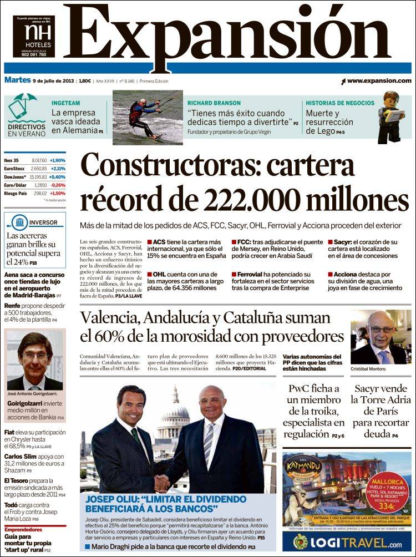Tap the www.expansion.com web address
[x=379, y=81]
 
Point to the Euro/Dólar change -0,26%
[x=57, y=185]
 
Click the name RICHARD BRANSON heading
[x=214, y=103]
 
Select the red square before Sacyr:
[x=329, y=242]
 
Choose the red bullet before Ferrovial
[x=234, y=275]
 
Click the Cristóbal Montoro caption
[x=370, y=369]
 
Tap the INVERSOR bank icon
[x=21, y=222]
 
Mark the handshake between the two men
[x=163, y=483]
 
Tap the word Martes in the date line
[x=17, y=80]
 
